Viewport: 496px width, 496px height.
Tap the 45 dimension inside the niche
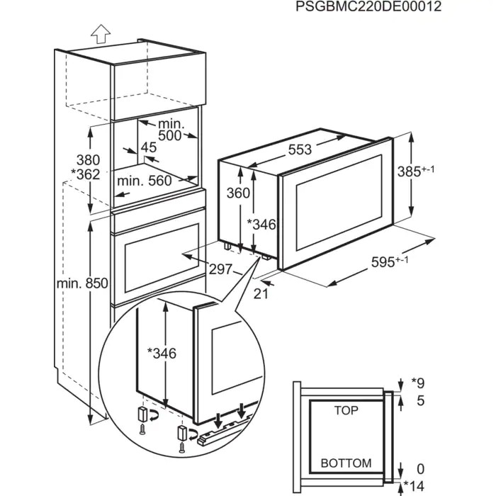[x=148, y=147]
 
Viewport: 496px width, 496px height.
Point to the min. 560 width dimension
[x=145, y=181]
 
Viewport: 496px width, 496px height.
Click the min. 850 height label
[x=82, y=283]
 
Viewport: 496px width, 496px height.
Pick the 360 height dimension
[x=239, y=193]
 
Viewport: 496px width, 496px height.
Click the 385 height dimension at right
[x=432, y=171]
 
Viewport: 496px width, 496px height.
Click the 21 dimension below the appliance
[x=260, y=293]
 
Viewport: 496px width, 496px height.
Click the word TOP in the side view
[x=346, y=410]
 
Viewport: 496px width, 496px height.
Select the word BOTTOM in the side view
[x=346, y=463]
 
